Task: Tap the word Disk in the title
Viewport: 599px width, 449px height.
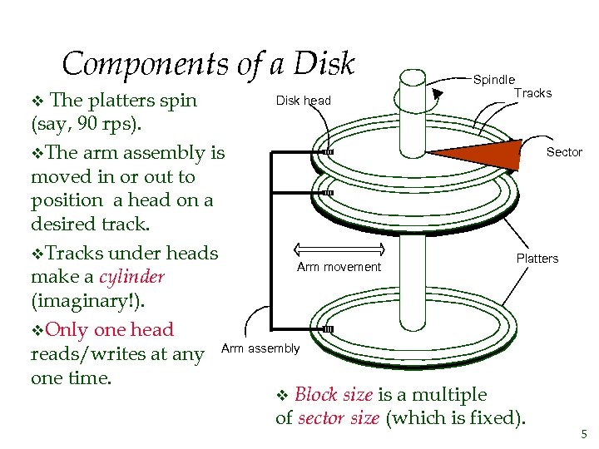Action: coord(325,64)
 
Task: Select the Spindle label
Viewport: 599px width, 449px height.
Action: coord(494,80)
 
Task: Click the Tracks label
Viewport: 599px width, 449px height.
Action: coord(532,93)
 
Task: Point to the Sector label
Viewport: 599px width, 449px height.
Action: coord(564,152)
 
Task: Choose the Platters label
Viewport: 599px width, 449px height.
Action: coord(537,259)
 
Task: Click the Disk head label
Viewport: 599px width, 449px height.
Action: coord(303,101)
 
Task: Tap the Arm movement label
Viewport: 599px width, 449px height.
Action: coord(339,267)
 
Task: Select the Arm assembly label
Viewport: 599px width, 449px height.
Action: coord(260,348)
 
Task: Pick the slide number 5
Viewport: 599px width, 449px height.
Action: coord(582,433)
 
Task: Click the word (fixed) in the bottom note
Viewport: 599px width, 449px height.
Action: coord(495,417)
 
